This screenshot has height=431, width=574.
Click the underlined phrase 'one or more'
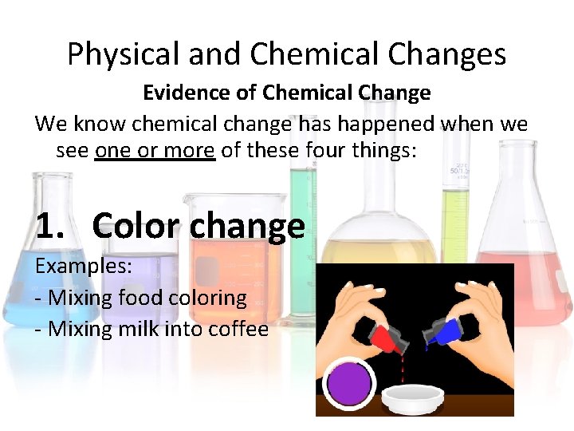[x=155, y=149]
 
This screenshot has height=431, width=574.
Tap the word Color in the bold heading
[x=135, y=226]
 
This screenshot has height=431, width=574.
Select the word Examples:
[x=84, y=266]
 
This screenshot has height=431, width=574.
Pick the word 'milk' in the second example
[x=140, y=328]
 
